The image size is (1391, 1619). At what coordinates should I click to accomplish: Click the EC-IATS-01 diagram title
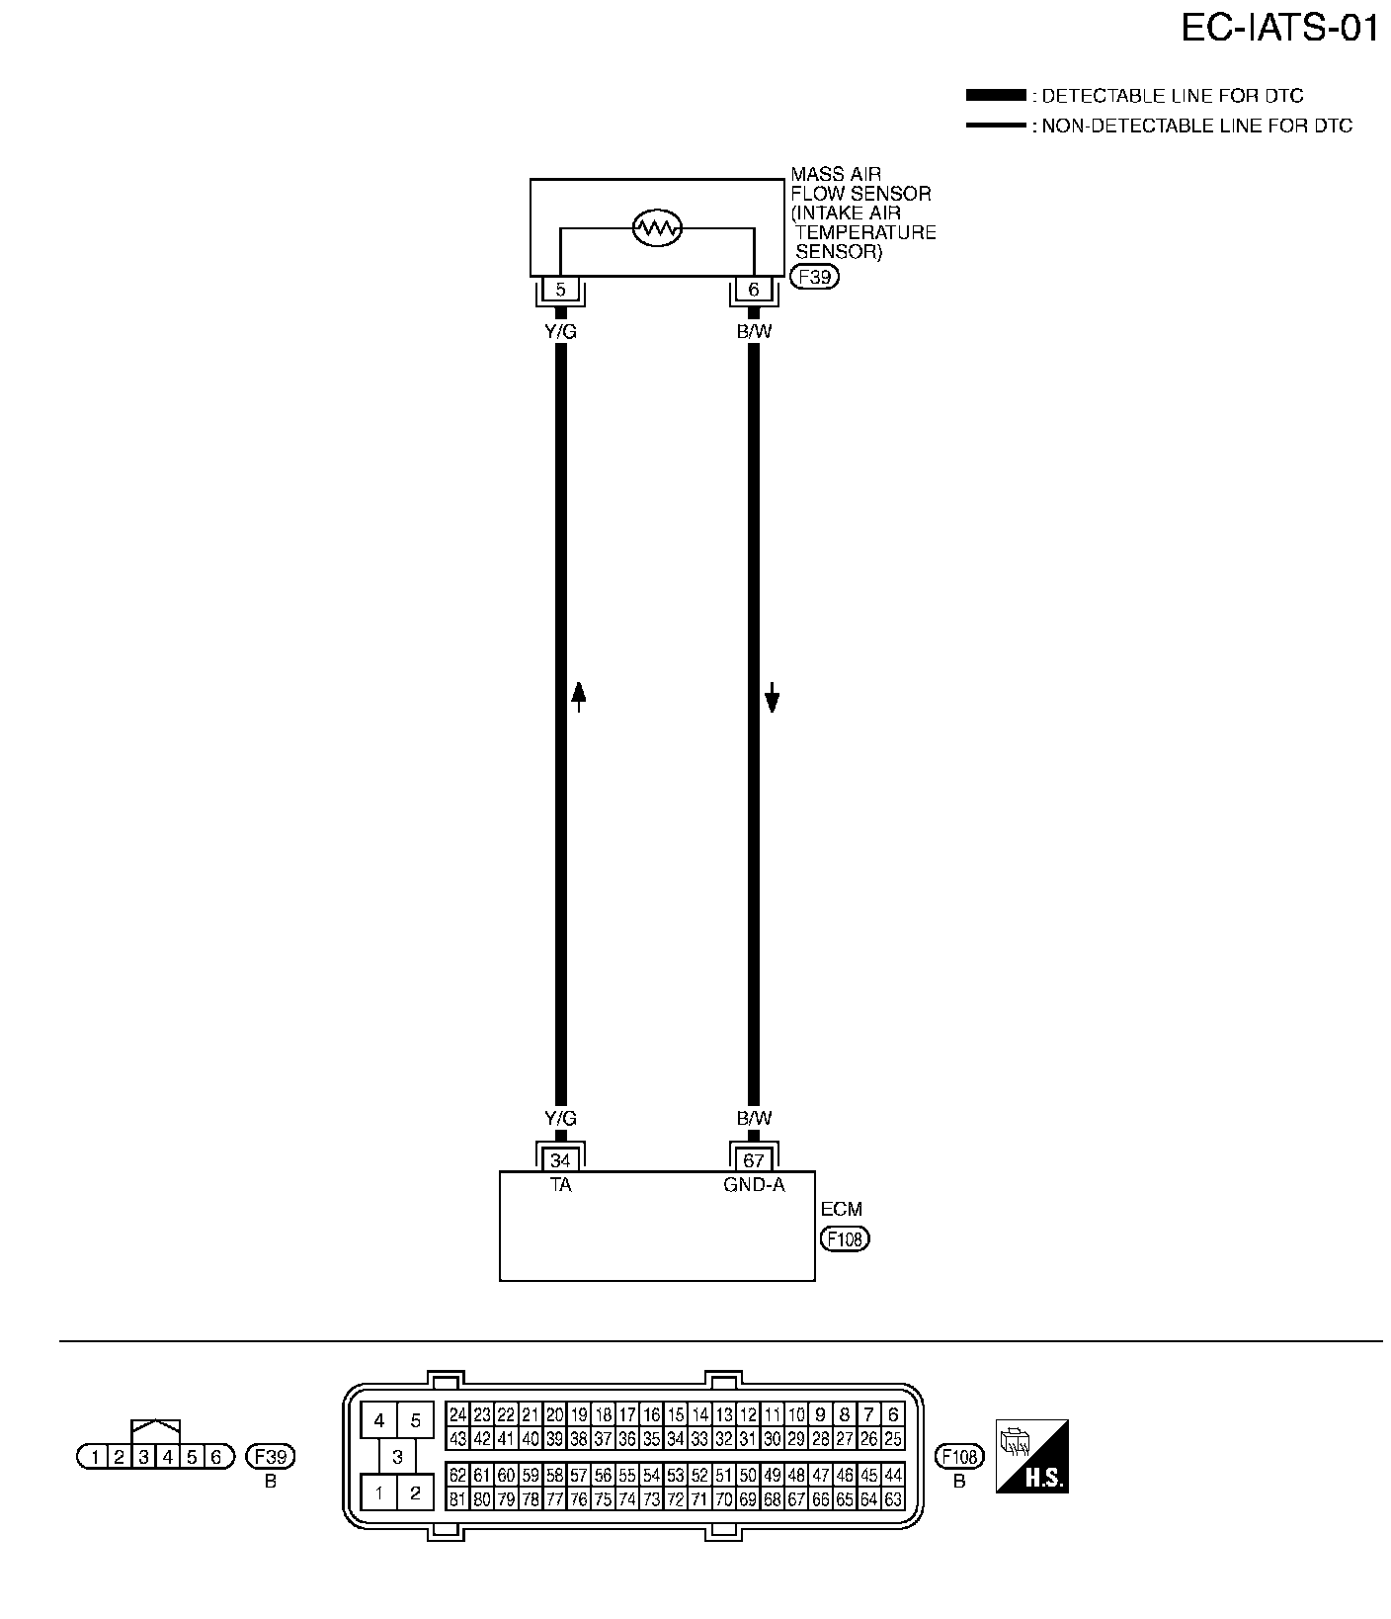pyautogui.click(x=1279, y=29)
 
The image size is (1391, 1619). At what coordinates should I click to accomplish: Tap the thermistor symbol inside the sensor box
pyautogui.click(x=657, y=228)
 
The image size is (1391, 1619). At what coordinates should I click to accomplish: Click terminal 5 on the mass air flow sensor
pyautogui.click(x=560, y=290)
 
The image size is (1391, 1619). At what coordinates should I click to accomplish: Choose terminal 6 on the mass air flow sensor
pyautogui.click(x=754, y=290)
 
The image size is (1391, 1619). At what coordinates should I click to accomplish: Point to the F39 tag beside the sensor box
pyautogui.click(x=815, y=277)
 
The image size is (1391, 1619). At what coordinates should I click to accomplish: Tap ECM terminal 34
pyautogui.click(x=560, y=1160)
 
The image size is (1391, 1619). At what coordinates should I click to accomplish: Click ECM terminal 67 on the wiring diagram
pyautogui.click(x=754, y=1160)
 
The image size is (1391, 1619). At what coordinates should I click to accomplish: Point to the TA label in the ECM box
pyautogui.click(x=560, y=1184)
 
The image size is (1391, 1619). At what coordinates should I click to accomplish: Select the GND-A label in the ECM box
pyautogui.click(x=754, y=1184)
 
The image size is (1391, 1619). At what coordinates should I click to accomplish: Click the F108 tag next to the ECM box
pyautogui.click(x=845, y=1238)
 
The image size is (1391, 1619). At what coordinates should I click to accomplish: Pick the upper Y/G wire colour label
pyautogui.click(x=560, y=332)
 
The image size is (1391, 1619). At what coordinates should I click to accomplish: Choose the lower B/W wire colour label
pyautogui.click(x=754, y=1119)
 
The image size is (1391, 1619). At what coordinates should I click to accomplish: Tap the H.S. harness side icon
pyautogui.click(x=1032, y=1456)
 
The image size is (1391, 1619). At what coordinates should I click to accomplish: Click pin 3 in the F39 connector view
pyautogui.click(x=143, y=1456)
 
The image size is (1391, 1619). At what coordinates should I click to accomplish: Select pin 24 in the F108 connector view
pyautogui.click(x=457, y=1414)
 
